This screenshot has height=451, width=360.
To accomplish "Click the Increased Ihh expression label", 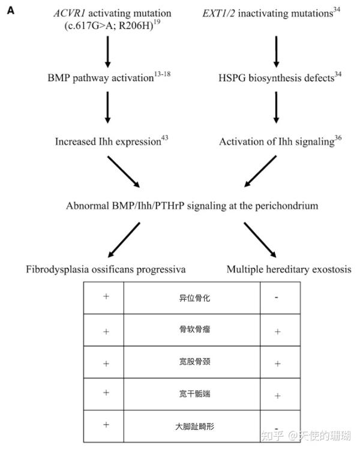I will point(107,142).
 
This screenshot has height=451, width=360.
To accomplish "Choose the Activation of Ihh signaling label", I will point(275,142).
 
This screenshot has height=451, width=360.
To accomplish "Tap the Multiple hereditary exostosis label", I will point(287,269).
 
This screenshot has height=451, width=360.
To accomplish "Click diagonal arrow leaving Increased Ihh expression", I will point(123,172).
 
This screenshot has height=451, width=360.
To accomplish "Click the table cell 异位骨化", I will point(192,297).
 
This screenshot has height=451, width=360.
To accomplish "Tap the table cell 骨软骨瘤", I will point(192,330).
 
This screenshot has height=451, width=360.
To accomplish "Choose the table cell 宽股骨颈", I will point(192,363).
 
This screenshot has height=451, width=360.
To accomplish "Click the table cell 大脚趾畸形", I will point(192,425).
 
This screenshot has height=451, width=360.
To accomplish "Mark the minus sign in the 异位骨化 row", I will point(276,297).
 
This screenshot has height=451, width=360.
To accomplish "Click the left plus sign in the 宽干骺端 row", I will point(106,392).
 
